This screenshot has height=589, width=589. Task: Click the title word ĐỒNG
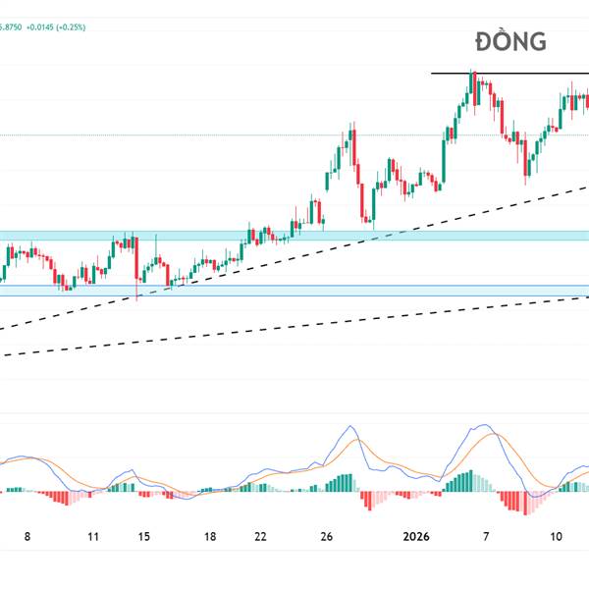point(510,42)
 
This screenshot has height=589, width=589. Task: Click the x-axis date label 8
point(27,537)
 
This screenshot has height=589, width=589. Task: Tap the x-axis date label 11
point(93,537)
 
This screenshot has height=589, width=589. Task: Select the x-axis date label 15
point(144,537)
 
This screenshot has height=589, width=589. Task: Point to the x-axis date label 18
point(210,537)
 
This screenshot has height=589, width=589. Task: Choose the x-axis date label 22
point(260,537)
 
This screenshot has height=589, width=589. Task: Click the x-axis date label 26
point(328,537)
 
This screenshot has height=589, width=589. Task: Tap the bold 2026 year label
point(417,537)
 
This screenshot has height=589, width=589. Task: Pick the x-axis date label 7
point(485,537)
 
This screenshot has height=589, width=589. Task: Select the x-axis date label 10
point(556,537)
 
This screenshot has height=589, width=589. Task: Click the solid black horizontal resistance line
point(510,74)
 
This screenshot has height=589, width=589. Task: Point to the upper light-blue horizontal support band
point(294,236)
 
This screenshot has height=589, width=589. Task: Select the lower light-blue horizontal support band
point(294,291)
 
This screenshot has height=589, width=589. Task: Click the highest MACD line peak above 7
point(482,426)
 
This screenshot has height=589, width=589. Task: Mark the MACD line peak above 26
point(348,426)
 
